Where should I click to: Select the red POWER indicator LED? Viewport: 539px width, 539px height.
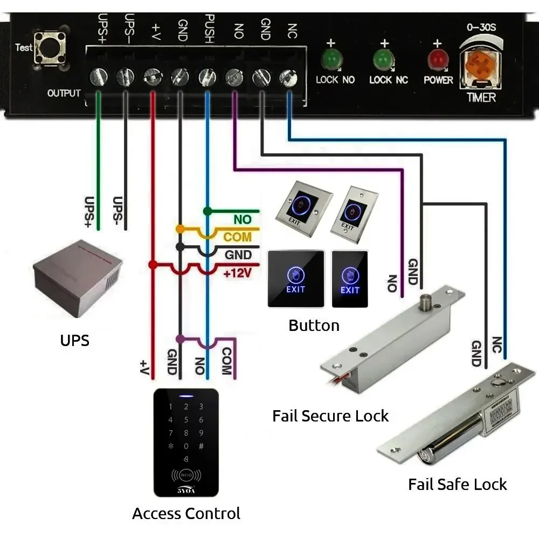437,59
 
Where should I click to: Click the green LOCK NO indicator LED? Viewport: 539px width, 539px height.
330,59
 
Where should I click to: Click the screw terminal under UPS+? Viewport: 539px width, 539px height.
99,77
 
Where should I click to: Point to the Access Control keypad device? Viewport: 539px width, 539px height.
186,442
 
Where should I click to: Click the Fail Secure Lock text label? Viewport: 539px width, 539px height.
330,416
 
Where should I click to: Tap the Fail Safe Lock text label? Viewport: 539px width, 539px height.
457,484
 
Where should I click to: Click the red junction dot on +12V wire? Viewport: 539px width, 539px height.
153,265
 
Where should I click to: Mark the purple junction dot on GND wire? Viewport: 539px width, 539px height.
180,339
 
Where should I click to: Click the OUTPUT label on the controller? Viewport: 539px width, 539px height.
64,93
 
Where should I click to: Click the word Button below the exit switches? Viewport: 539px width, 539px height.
314,326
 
